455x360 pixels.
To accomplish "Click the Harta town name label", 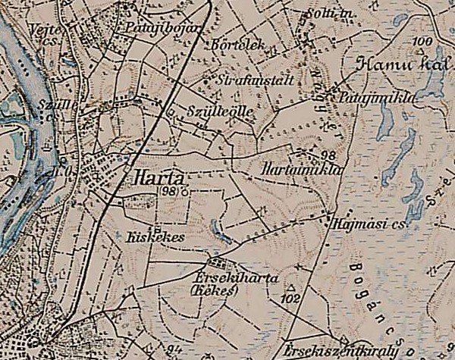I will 158,178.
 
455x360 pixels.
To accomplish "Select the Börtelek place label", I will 239,45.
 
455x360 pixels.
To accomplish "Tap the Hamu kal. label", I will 399,65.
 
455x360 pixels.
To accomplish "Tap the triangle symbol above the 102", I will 290,287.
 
